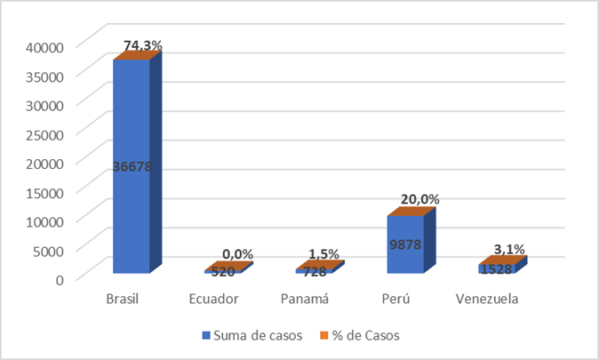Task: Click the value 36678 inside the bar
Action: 131,166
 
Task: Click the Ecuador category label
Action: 214,300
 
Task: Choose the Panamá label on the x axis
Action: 305,300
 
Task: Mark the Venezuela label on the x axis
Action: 487,300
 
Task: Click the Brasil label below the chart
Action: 123,300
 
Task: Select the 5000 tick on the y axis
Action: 47,250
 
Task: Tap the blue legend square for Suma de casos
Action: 207,336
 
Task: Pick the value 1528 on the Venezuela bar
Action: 496,268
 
